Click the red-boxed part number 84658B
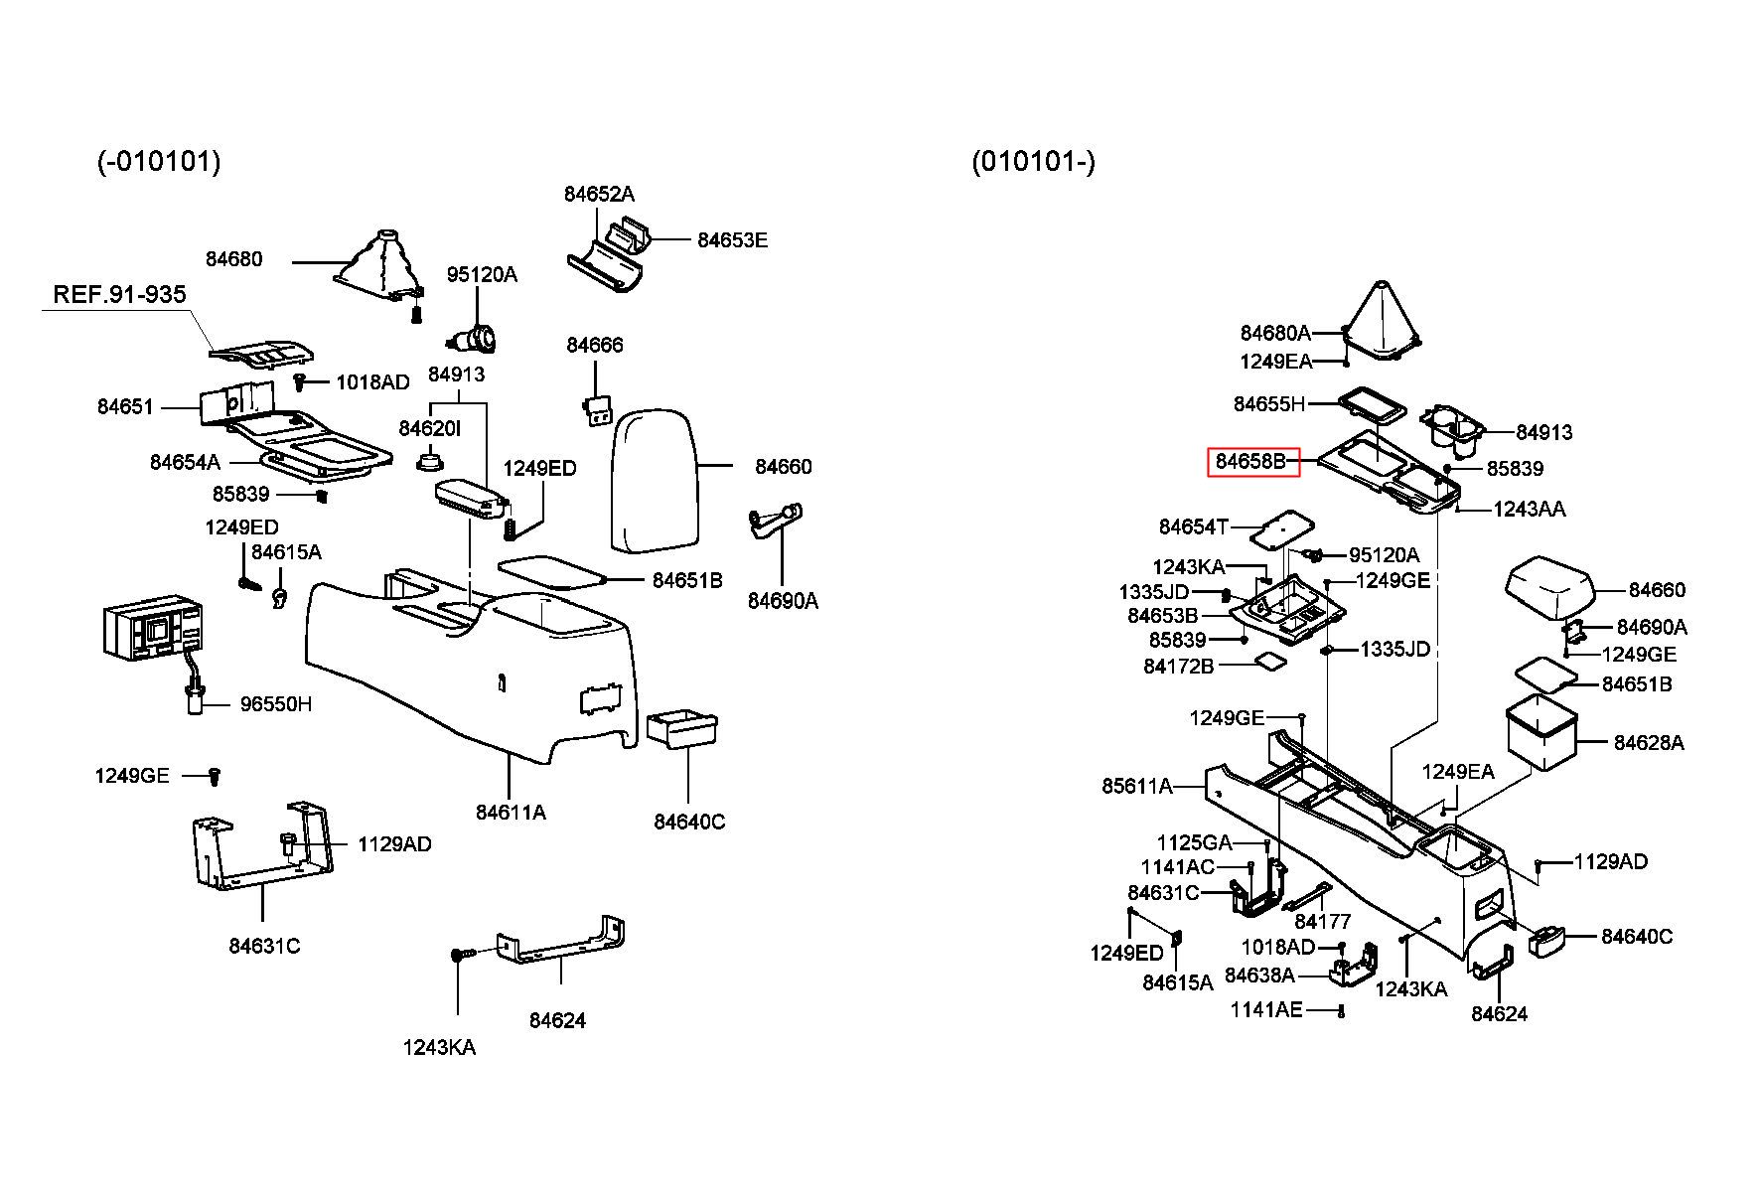(x=1252, y=462)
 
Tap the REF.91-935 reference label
(x=119, y=294)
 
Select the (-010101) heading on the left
(x=159, y=161)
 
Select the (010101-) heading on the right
(x=1033, y=161)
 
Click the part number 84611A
(x=511, y=813)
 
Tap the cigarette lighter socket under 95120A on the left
(x=474, y=341)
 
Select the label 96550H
(x=276, y=704)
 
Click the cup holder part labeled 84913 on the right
(x=1451, y=427)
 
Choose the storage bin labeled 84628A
(x=1541, y=733)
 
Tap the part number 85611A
(x=1137, y=787)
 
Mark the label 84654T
(x=1194, y=526)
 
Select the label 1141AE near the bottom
(x=1266, y=1010)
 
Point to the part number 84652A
(x=599, y=194)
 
